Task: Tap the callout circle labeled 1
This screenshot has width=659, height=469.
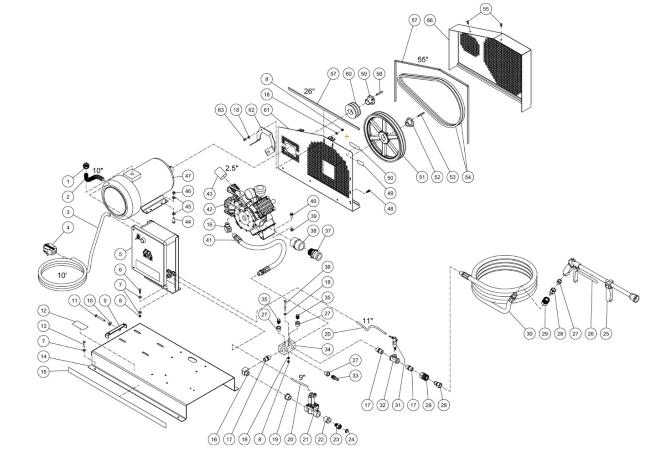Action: click(x=68, y=181)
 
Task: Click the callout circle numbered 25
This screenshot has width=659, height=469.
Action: click(x=606, y=334)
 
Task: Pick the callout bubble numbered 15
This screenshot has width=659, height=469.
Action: click(x=43, y=371)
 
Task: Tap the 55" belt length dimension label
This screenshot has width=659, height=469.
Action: click(x=423, y=60)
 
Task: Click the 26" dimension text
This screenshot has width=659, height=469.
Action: click(x=309, y=91)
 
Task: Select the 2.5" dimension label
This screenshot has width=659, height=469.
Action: click(x=231, y=168)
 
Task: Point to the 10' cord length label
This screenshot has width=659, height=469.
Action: click(x=62, y=275)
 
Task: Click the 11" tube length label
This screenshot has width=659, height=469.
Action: click(x=368, y=321)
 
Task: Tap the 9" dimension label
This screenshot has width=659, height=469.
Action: click(x=302, y=377)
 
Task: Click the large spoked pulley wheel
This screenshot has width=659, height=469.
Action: click(x=385, y=137)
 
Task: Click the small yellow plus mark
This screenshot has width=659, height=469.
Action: click(x=347, y=136)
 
